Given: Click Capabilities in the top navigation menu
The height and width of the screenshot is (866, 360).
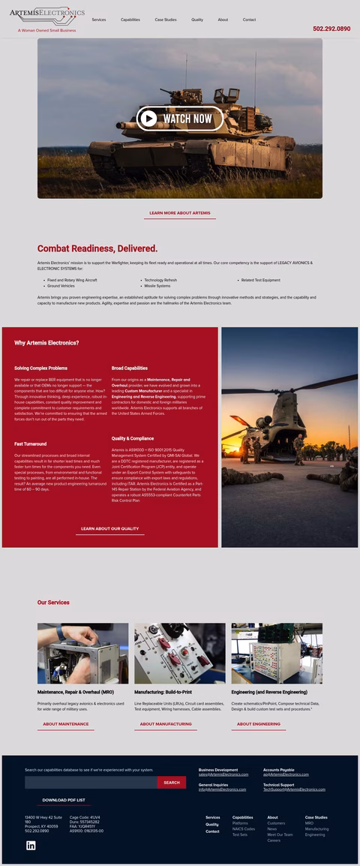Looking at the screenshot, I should coord(130,20).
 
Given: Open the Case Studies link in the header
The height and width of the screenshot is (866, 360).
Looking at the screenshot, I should coord(166,20).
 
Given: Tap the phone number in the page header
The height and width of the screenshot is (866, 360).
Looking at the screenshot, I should coord(331,29).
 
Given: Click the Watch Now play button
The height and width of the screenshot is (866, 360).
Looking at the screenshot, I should coord(180,119).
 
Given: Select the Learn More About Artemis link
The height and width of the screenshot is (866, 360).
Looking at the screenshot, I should coord(180,213).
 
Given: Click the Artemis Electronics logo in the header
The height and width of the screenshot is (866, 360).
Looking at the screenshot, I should coord(47,14).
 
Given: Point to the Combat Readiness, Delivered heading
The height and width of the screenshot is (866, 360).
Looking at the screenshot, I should coord(97,248).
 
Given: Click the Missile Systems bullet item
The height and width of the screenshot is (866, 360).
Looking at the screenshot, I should coord(157,286).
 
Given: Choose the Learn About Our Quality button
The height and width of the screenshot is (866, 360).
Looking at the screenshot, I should coord(109,528).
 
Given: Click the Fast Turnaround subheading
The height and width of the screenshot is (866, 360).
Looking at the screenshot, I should coord(30,444).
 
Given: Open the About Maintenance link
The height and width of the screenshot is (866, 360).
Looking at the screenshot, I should coord(65,724).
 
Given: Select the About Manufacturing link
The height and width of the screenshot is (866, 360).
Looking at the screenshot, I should coord(166,724).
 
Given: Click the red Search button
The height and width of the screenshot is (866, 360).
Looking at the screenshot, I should coord(172,783).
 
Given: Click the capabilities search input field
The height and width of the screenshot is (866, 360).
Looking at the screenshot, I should coord(90,783).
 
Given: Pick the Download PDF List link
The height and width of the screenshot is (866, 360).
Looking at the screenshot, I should coord(64,800).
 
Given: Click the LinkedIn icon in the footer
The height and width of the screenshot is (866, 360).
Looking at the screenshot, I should coord(31,846).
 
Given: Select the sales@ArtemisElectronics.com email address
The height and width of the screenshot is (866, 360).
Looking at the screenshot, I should coord(223,774).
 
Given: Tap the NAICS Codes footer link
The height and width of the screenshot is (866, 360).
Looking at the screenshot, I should coord(244,828).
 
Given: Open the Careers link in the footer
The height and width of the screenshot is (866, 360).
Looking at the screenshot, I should coord(274,840).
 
